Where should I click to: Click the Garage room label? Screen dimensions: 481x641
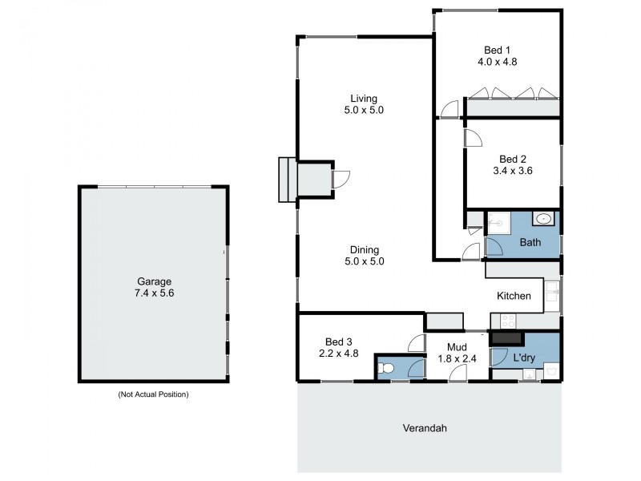click(x=155, y=281)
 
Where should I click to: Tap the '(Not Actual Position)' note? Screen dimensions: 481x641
click(x=154, y=394)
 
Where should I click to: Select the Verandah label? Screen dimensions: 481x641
click(x=425, y=428)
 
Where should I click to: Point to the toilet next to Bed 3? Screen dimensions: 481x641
click(x=386, y=367)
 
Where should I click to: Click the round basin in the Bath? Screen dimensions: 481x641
click(x=544, y=217)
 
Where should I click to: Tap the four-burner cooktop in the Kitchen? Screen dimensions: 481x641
click(x=506, y=321)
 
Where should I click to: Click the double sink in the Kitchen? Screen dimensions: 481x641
click(x=552, y=293)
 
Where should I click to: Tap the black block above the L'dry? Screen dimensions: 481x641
click(x=506, y=338)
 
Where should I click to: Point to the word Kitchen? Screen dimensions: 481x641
click(x=514, y=297)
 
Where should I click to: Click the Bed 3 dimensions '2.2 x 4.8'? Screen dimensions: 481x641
click(x=336, y=350)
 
